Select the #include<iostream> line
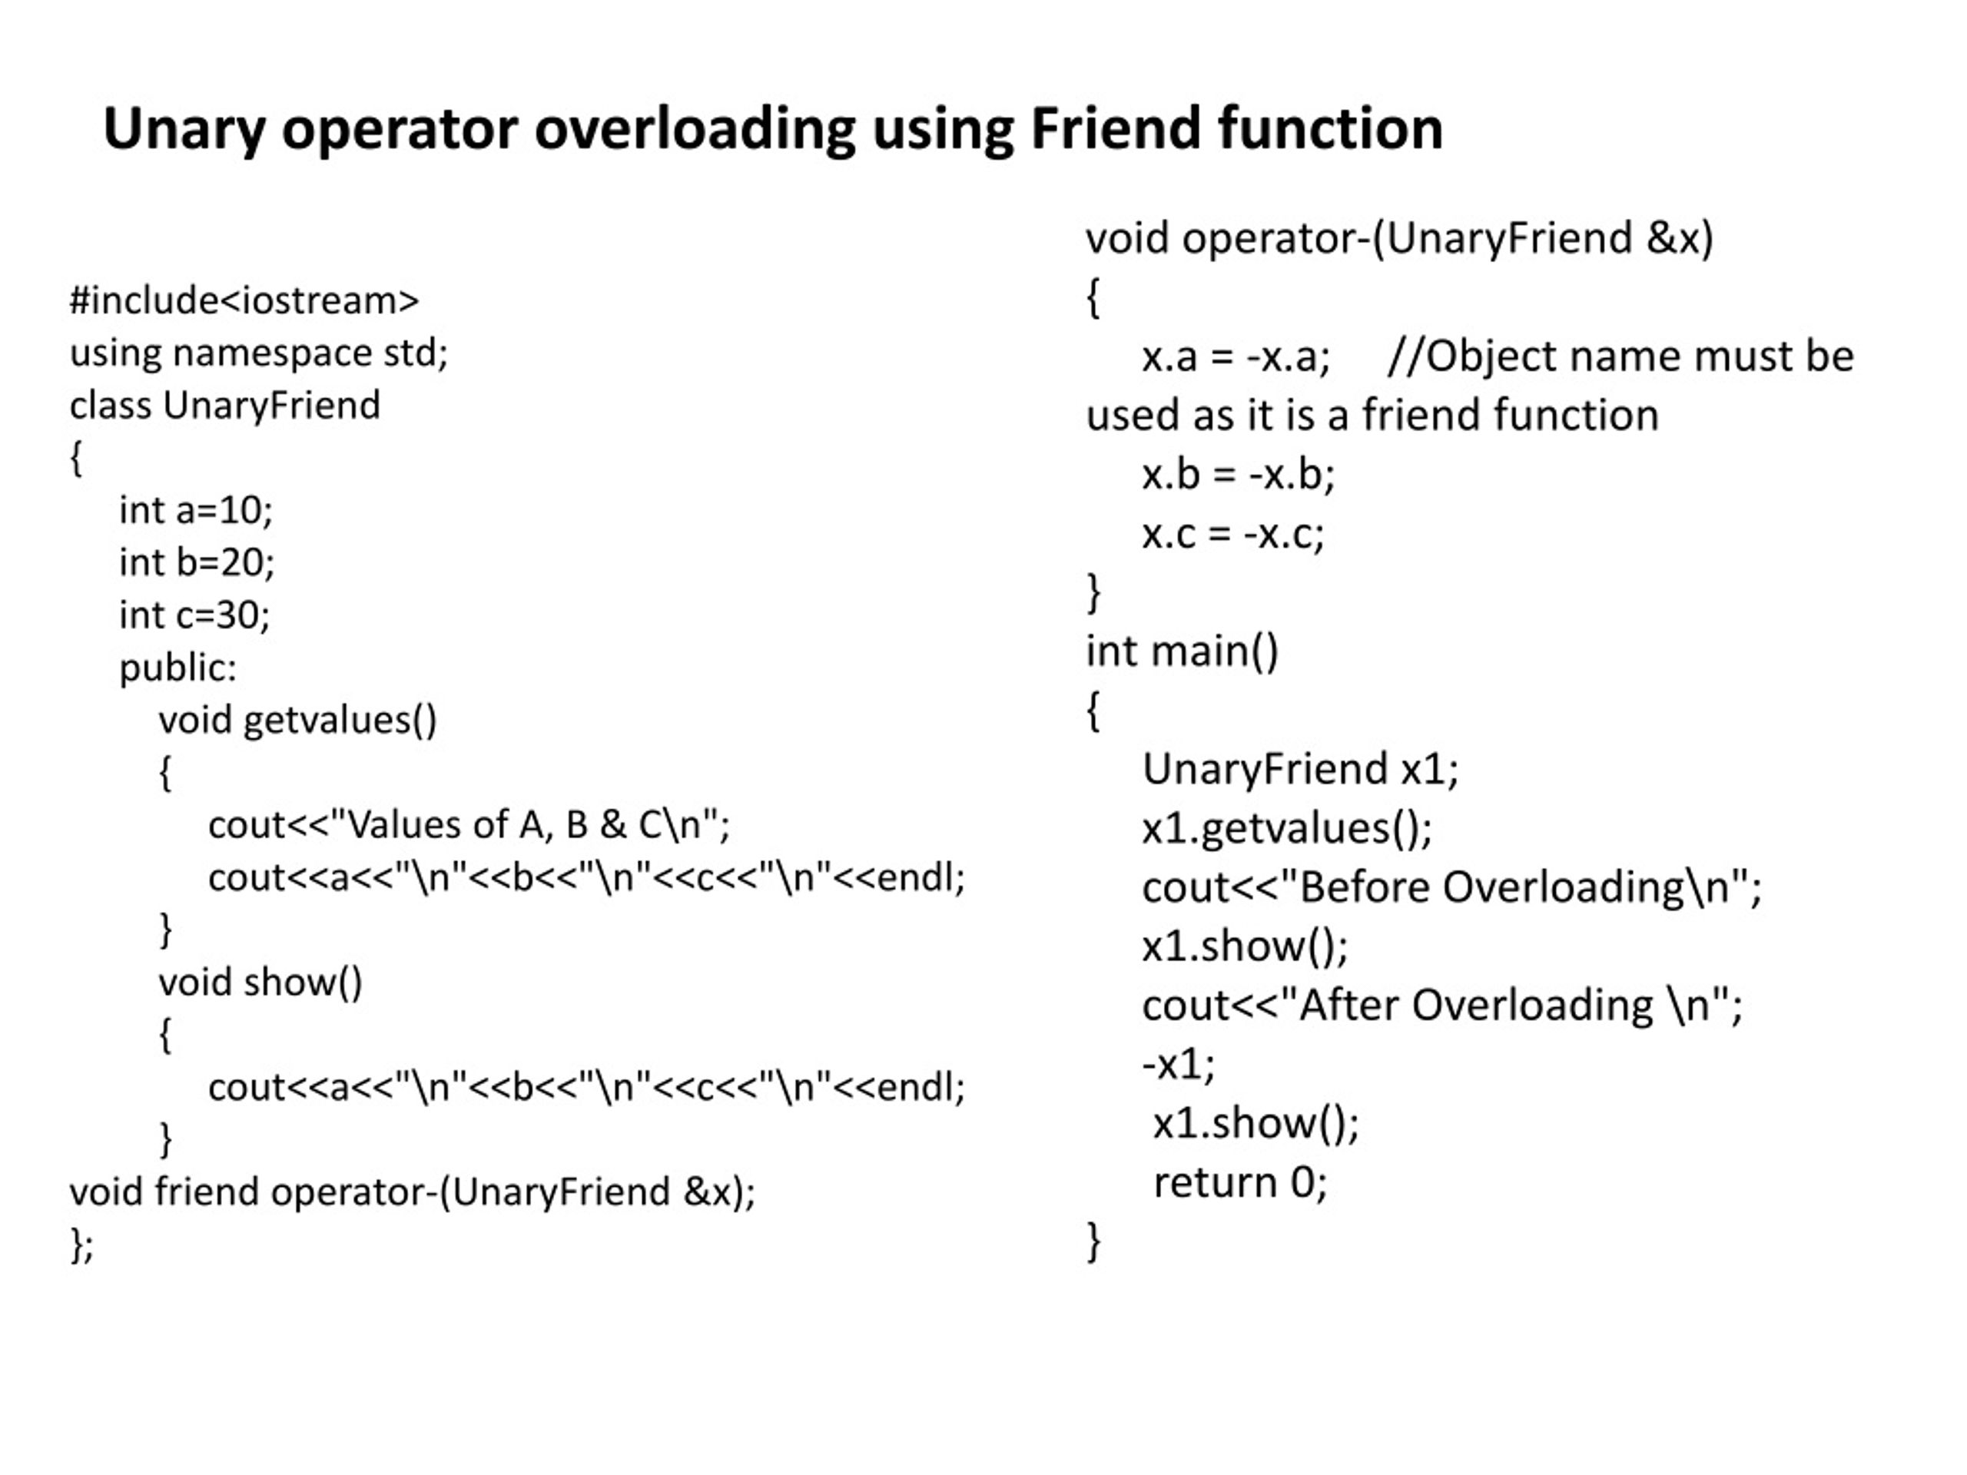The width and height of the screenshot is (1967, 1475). point(244,300)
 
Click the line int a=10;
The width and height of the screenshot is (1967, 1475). point(196,510)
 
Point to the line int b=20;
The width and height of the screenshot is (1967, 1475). point(197,563)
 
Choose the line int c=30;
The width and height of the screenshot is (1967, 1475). point(194,615)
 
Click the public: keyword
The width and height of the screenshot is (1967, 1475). point(177,668)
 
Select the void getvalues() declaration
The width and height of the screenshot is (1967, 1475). point(298,720)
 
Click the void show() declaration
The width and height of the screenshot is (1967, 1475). point(260,983)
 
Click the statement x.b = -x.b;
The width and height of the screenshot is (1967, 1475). point(1239,475)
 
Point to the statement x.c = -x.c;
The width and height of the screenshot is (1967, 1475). point(1233,535)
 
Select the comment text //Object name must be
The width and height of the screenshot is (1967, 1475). point(1620,356)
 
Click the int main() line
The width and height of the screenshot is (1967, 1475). point(1182,651)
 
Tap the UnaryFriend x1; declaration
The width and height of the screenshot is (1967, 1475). point(1300,769)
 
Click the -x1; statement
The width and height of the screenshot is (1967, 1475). point(1178,1064)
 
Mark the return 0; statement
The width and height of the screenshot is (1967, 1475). point(1239,1182)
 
